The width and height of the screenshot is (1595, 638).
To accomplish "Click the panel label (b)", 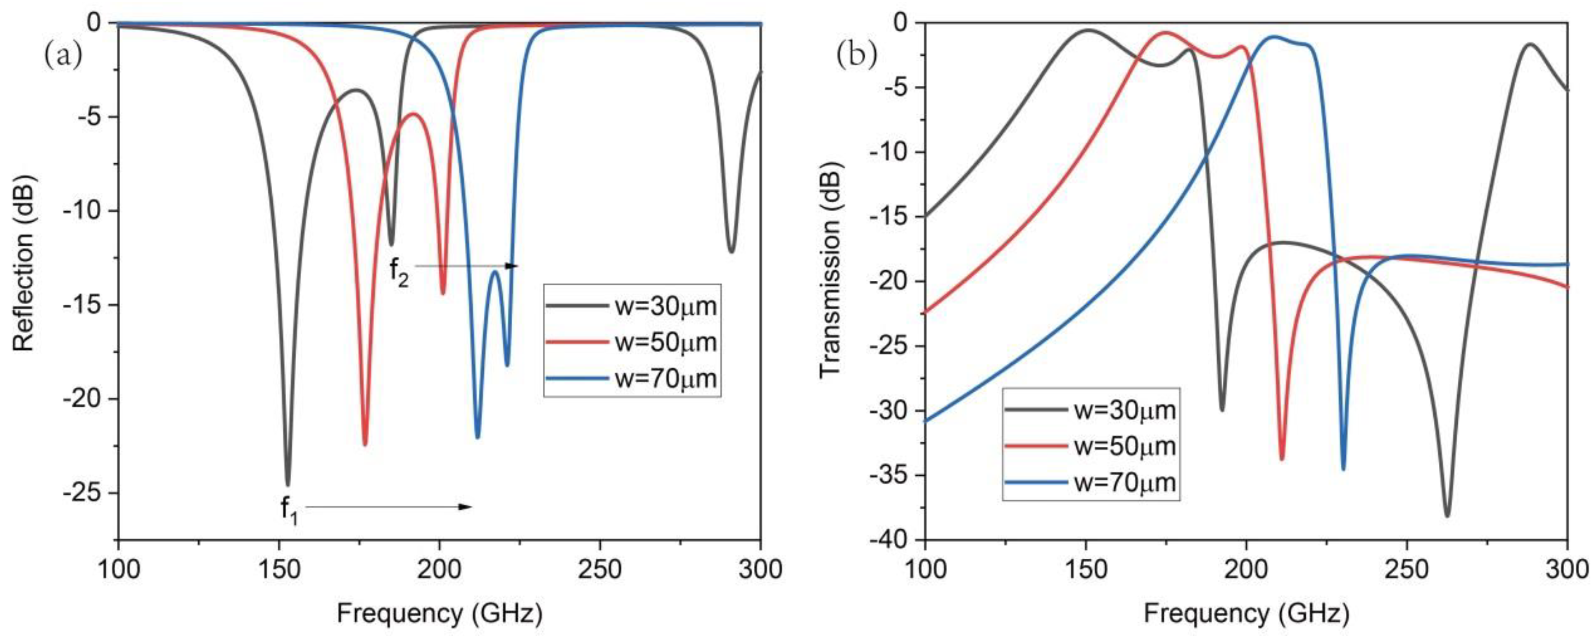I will (x=856, y=55).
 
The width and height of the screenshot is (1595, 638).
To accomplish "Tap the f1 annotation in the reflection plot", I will (x=288, y=510).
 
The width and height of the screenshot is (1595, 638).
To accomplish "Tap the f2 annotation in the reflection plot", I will (x=399, y=272).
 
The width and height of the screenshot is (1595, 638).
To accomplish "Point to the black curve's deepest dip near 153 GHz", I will (x=287, y=484).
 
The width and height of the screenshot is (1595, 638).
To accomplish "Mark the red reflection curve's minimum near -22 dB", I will (x=365, y=444).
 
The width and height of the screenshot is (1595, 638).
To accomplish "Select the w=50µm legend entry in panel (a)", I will (x=632, y=342).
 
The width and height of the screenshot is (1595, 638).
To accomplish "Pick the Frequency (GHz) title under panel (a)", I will (x=440, y=613).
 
